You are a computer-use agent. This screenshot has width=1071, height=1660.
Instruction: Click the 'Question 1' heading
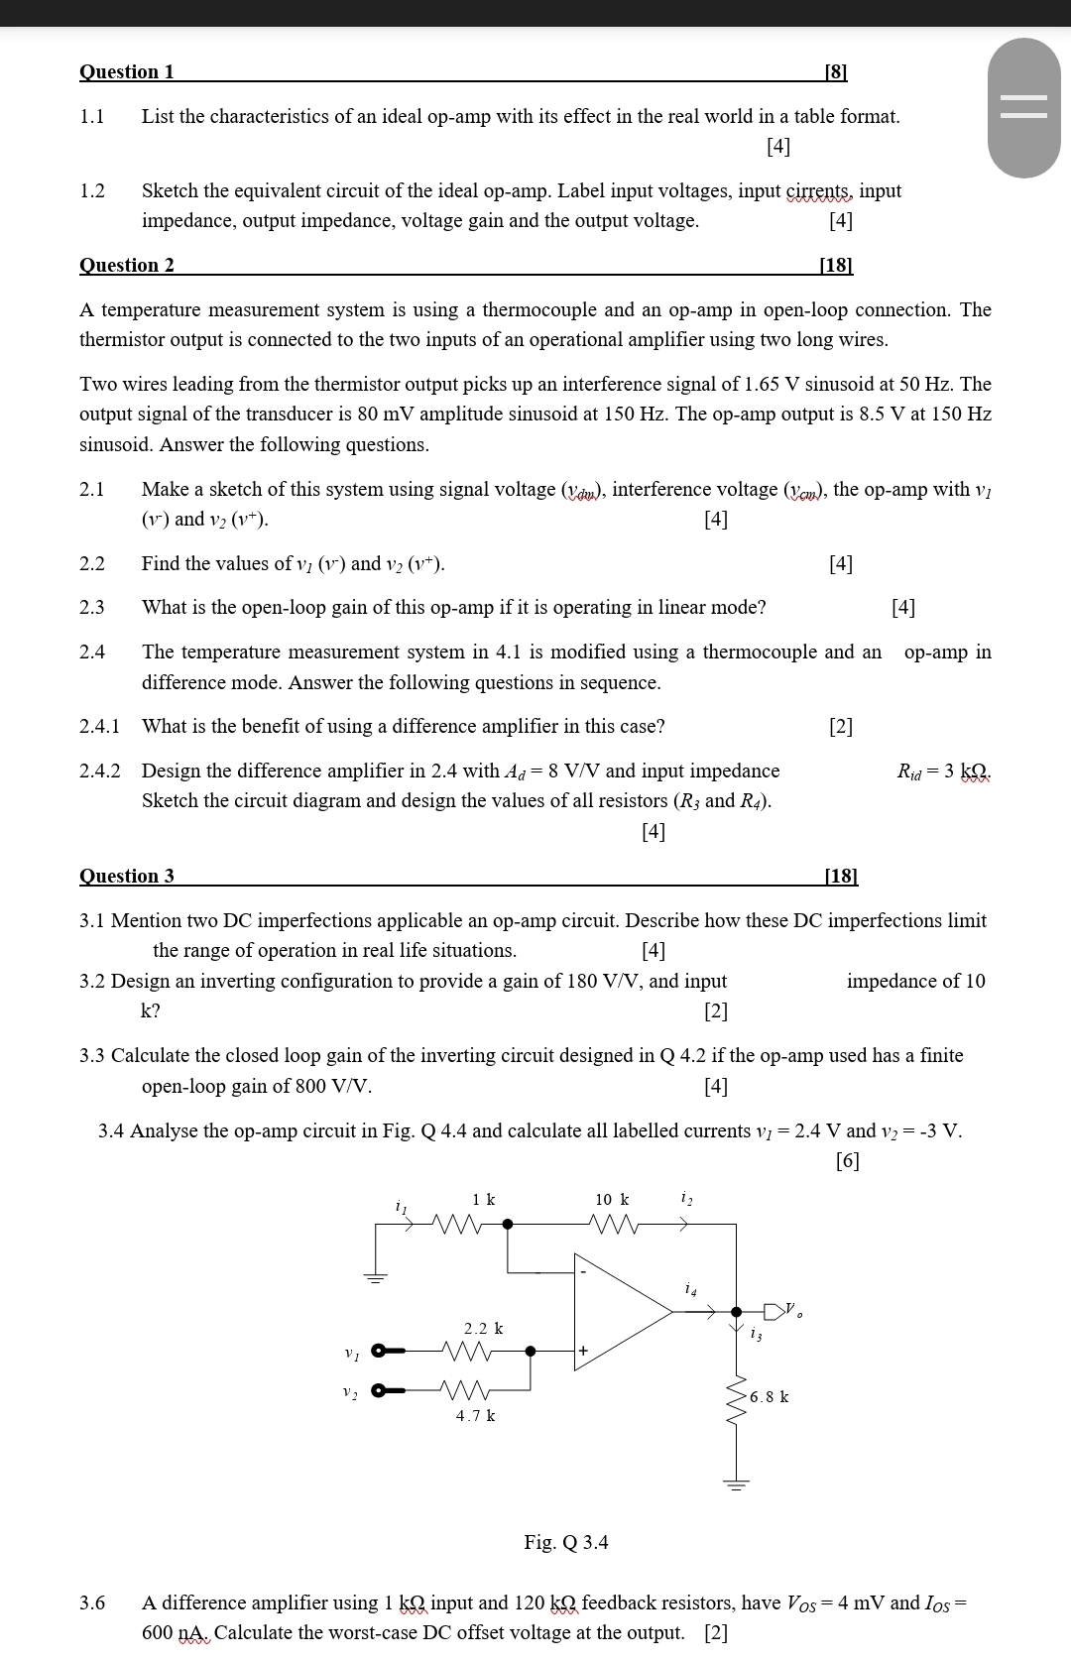pyautogui.click(x=127, y=71)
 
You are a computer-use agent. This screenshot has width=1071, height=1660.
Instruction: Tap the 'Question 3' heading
pyautogui.click(x=127, y=876)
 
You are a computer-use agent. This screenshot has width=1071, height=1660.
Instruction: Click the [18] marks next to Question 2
pyautogui.click(x=836, y=265)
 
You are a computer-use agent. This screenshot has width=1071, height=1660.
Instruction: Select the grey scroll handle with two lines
pyautogui.click(x=1024, y=107)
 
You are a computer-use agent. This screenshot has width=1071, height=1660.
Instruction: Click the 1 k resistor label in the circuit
pyautogui.click(x=484, y=1200)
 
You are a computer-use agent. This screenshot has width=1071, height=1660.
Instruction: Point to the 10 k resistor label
pyautogui.click(x=612, y=1200)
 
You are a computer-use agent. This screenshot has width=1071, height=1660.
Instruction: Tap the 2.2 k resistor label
pyautogui.click(x=484, y=1328)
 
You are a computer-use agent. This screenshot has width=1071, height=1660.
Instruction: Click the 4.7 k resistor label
pyautogui.click(x=476, y=1416)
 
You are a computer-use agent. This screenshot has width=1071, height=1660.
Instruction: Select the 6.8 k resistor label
pyautogui.click(x=770, y=1397)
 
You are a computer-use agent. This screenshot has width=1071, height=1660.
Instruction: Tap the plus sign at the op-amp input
pyautogui.click(x=584, y=1351)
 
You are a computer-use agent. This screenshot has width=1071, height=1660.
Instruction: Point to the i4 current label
pyautogui.click(x=691, y=1289)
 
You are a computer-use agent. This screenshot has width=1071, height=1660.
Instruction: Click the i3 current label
pyautogui.click(x=757, y=1336)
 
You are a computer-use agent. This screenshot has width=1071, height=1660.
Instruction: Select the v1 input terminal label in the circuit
pyautogui.click(x=350, y=1353)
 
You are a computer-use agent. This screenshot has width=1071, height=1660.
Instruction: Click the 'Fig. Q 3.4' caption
pyautogui.click(x=566, y=1542)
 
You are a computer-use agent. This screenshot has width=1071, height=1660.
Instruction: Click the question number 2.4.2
pyautogui.click(x=100, y=771)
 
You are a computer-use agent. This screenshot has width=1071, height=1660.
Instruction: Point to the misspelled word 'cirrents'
pyautogui.click(x=819, y=190)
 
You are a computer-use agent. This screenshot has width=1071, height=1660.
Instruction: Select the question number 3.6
pyautogui.click(x=92, y=1602)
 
